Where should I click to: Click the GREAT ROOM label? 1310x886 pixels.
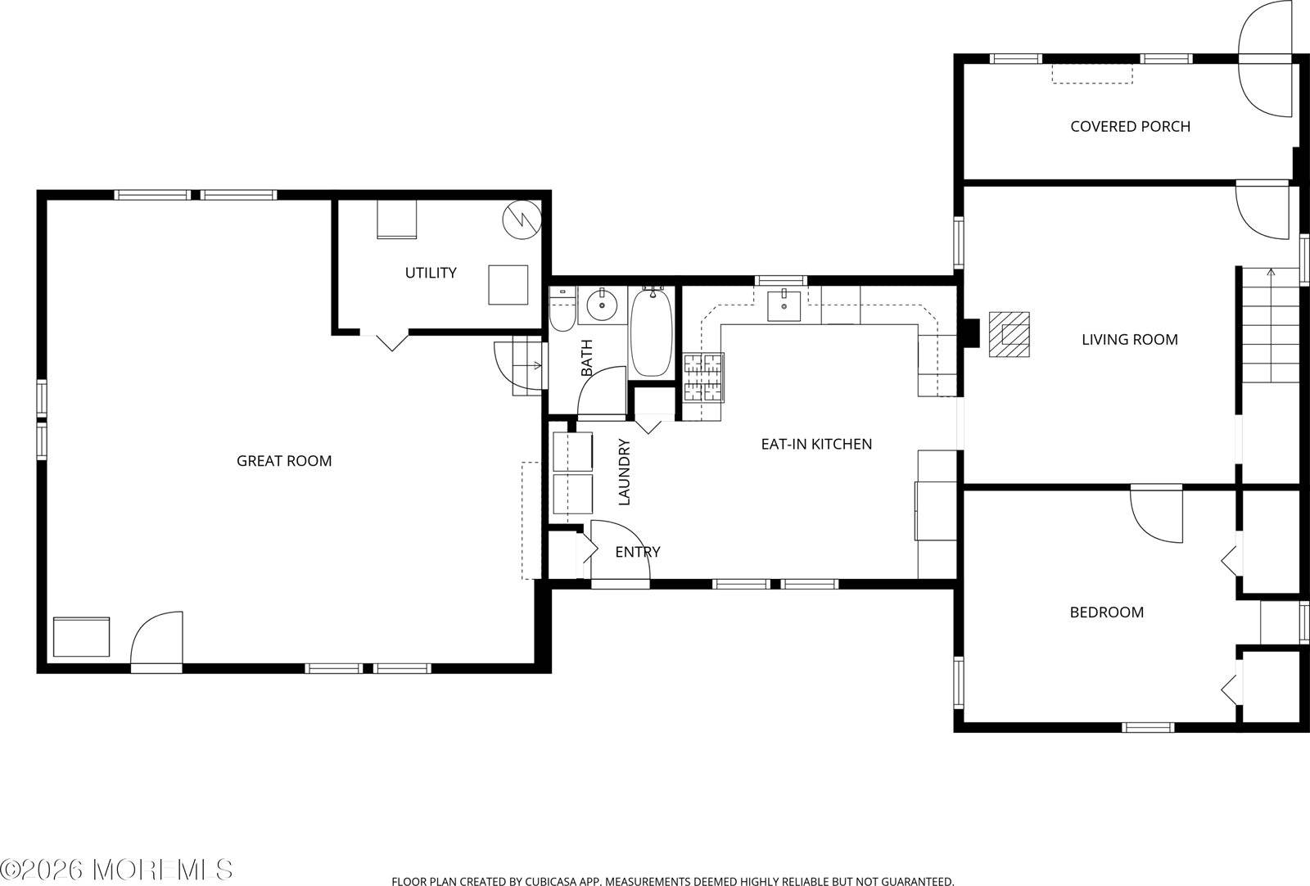click(284, 461)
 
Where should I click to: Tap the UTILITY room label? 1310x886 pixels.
click(431, 273)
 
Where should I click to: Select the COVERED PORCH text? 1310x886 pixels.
click(1130, 126)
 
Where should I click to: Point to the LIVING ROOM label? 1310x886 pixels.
click(1129, 339)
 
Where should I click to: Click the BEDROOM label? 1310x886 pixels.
click(1106, 613)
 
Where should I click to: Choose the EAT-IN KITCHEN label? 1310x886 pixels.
click(816, 444)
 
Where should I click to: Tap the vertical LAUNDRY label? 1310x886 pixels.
click(624, 472)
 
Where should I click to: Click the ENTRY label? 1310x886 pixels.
click(637, 552)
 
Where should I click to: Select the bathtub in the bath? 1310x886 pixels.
click(652, 332)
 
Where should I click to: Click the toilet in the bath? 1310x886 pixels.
click(562, 311)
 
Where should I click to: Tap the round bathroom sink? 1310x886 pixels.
click(603, 305)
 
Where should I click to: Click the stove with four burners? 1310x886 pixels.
click(704, 377)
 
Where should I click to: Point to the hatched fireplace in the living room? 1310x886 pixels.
click(1010, 333)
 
